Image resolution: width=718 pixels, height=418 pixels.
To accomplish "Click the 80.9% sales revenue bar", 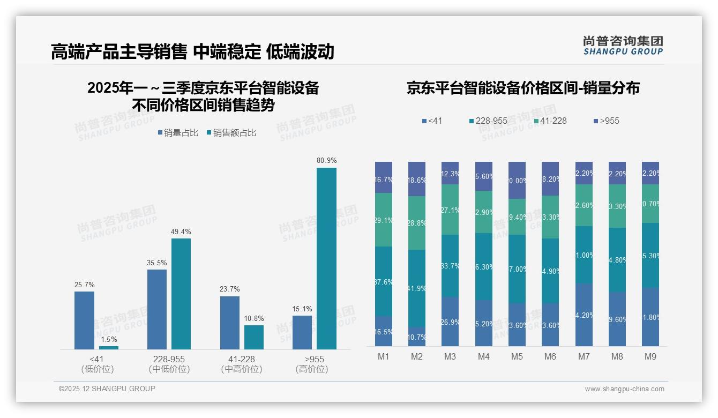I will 326,258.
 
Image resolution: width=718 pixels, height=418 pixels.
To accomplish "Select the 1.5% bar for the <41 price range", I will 109,348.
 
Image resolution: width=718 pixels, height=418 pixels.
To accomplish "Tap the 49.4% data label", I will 181,232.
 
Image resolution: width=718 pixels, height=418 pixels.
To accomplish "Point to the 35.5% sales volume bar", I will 157,309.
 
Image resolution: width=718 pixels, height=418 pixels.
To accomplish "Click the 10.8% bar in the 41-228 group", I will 254,337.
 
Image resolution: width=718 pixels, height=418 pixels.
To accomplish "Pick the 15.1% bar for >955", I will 302,332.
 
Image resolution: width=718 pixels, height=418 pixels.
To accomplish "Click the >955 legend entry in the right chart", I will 606,121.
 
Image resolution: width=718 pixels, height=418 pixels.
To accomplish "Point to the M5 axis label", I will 517,356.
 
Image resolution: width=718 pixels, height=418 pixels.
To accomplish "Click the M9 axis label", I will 650,356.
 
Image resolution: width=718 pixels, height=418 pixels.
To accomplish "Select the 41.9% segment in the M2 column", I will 417,288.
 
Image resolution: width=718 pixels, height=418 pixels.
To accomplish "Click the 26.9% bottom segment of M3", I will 450,322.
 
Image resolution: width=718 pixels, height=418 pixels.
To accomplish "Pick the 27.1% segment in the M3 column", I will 450,210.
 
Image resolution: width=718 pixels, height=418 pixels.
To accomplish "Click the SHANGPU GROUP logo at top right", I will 623,46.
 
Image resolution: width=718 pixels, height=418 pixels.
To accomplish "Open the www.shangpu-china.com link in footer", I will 624,389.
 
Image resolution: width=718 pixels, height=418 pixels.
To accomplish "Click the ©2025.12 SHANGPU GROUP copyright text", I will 107,389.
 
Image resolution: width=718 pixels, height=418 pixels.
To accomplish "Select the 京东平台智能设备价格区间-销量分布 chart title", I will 523,88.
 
